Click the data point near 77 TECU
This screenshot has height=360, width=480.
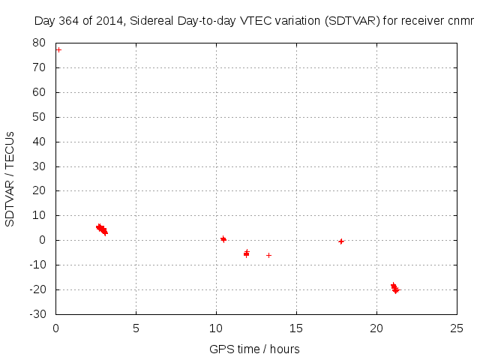pyautogui.click(x=58, y=49)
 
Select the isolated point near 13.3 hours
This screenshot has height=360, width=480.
pyautogui.click(x=268, y=255)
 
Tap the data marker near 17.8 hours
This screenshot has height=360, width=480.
pyautogui.click(x=341, y=241)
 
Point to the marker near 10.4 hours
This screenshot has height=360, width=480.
pyautogui.click(x=223, y=239)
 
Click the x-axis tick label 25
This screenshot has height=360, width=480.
pyautogui.click(x=457, y=328)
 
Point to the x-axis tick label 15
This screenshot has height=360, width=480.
pyautogui.click(x=296, y=328)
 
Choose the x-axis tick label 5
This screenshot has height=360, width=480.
pyautogui.click(x=136, y=328)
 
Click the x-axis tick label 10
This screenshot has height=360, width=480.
pyautogui.click(x=216, y=328)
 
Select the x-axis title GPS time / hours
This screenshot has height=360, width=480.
pyautogui.click(x=255, y=349)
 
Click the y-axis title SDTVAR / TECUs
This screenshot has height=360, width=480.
pyautogui.click(x=10, y=178)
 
